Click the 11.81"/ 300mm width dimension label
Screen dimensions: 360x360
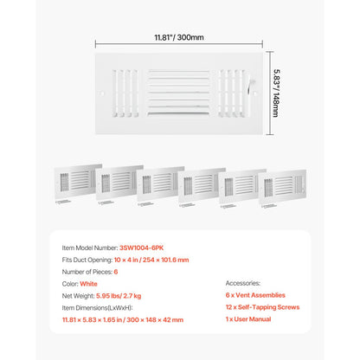(x=179, y=37)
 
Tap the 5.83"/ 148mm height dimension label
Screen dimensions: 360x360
(x=276, y=93)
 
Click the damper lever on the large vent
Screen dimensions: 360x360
(x=250, y=86)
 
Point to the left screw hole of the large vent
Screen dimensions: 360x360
(x=102, y=93)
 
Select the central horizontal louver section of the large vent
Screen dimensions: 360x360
(x=178, y=93)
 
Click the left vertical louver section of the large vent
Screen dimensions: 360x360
(x=125, y=93)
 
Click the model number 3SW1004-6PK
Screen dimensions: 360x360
(x=141, y=247)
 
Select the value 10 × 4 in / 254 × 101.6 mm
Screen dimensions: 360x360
(x=151, y=260)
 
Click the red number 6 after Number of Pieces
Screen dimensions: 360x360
(x=116, y=272)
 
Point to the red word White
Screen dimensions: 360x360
(x=88, y=284)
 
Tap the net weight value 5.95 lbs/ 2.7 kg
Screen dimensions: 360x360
(x=119, y=296)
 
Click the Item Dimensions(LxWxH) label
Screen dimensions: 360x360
(x=97, y=308)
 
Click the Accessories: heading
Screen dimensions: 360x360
(x=243, y=283)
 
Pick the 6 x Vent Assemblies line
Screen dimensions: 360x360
(x=255, y=295)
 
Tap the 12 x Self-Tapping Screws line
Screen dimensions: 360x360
(x=262, y=307)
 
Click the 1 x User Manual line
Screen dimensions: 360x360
(x=248, y=319)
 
